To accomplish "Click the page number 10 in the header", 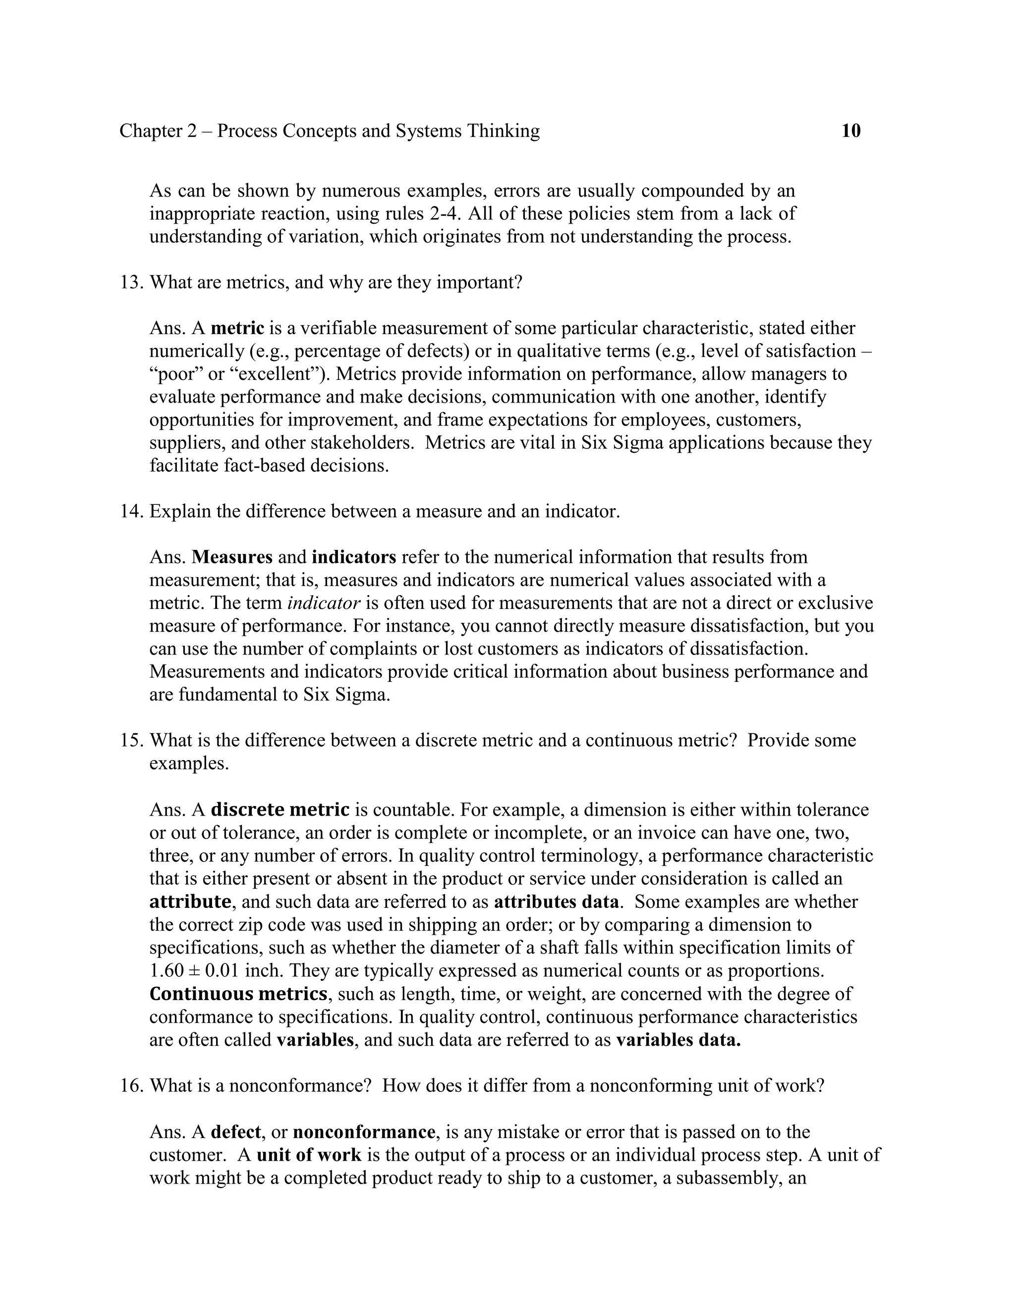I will click(850, 130).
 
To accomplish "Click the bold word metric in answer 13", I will click(237, 328).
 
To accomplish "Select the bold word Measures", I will click(232, 557).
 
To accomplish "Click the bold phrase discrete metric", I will click(280, 810).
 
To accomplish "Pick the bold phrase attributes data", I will click(556, 901).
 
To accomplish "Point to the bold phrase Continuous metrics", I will click(238, 993).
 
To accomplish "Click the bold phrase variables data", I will click(678, 1040).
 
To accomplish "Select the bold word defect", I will click(236, 1132).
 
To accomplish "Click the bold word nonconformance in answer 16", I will click(364, 1132).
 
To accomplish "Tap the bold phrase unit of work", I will click(309, 1154).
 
